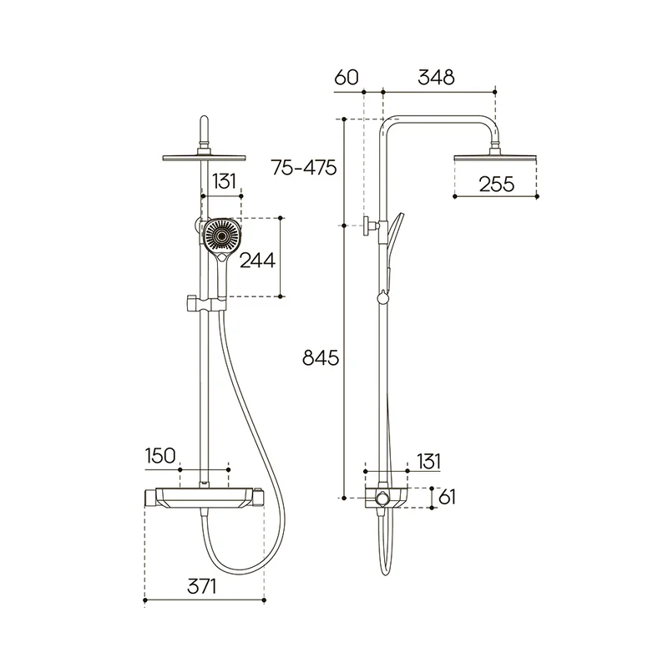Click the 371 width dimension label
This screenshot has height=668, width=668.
[202, 586]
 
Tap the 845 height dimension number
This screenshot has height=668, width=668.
[321, 357]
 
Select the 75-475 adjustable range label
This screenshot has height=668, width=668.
[304, 168]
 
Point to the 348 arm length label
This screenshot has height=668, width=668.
[436, 77]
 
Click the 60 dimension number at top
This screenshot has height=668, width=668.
[347, 77]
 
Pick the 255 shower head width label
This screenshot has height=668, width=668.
[496, 184]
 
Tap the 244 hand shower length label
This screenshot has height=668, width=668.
[257, 260]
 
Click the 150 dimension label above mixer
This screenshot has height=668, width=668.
[160, 455]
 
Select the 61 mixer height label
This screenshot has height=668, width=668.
[447, 497]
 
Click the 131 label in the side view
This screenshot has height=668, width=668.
[428, 461]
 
